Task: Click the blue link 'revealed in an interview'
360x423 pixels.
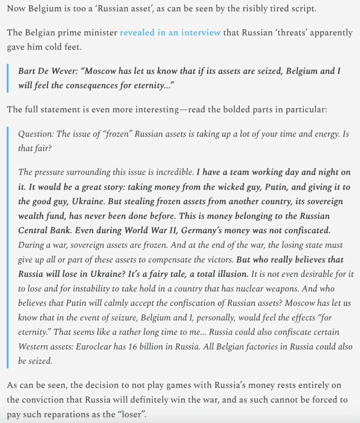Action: [x=170, y=33]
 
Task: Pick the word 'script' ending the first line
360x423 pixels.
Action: [x=303, y=9]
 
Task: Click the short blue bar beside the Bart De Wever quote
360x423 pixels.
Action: [x=7, y=78]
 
